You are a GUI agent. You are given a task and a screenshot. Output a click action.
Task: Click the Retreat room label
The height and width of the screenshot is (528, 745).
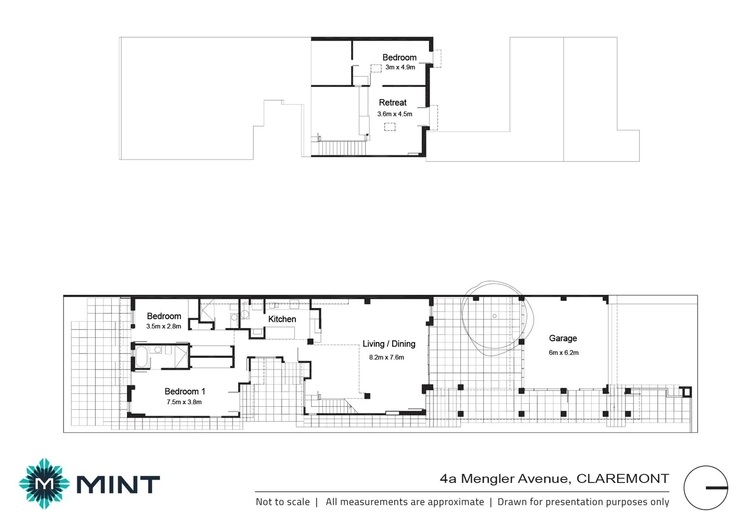click(393, 103)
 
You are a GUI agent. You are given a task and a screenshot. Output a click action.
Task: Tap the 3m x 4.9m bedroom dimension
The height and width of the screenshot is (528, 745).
click(400, 67)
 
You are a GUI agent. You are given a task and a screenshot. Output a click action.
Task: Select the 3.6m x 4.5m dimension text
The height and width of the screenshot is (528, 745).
click(394, 114)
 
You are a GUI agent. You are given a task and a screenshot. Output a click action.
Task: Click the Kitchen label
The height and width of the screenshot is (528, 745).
click(282, 319)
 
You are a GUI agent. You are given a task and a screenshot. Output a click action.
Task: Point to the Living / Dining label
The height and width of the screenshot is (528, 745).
click(389, 344)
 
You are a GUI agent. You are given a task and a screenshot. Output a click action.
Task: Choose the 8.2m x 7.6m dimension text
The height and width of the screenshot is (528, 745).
click(386, 357)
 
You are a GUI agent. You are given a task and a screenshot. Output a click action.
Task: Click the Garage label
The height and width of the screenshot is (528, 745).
click(562, 338)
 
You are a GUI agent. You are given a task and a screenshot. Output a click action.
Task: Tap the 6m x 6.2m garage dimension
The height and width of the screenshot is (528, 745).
click(563, 352)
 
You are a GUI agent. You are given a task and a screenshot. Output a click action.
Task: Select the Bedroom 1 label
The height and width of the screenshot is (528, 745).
click(185, 392)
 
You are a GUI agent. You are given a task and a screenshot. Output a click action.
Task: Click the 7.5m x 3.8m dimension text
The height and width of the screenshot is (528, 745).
click(184, 402)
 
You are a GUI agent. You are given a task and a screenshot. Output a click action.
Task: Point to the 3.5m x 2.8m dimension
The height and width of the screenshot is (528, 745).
click(164, 327)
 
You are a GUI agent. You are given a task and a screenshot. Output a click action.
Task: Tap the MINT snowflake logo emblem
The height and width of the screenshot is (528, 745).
click(44, 484)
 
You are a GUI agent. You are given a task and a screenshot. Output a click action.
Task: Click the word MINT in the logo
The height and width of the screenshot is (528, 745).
click(118, 485)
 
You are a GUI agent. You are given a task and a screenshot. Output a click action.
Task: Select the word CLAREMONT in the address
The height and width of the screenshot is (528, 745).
click(622, 479)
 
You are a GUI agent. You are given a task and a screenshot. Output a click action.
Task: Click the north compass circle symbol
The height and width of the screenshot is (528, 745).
click(705, 488)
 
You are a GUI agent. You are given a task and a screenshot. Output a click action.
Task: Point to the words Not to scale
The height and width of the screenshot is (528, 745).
click(283, 502)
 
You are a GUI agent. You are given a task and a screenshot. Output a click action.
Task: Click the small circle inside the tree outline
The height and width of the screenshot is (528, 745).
click(495, 316)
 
